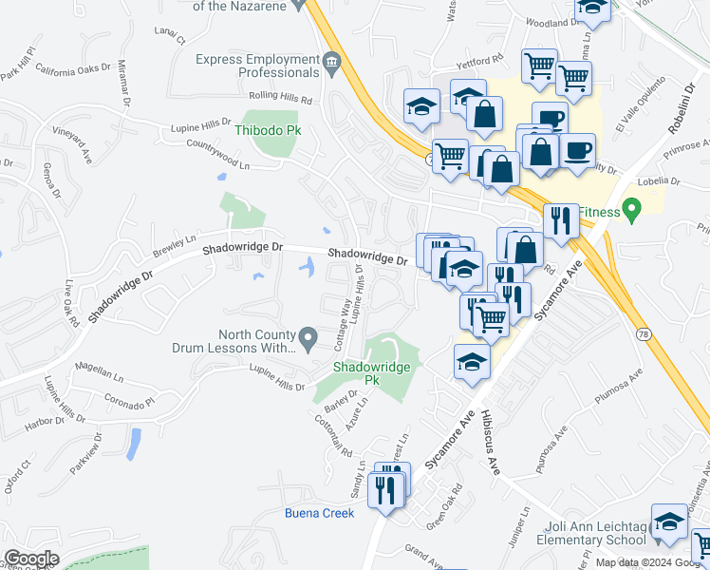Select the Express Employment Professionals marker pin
pyautogui.click(x=330, y=65)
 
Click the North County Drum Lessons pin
pyautogui.click(x=308, y=337)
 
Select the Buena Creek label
pyautogui.click(x=319, y=513)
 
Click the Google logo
pyautogui.click(x=31, y=558)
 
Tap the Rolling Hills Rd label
pyautogui.click(x=280, y=98)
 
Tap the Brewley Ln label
pyautogui.click(x=173, y=246)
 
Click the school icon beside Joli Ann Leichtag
pyautogui.click(x=669, y=523)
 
